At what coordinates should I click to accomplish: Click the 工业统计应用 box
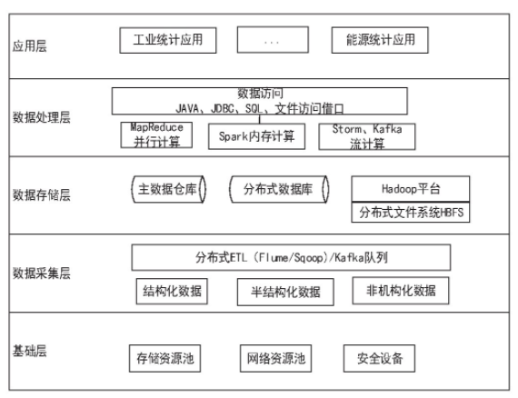coord(168,40)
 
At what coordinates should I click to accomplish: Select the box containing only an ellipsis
coord(273,40)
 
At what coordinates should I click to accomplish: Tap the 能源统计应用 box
coord(380,40)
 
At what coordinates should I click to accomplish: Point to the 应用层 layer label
coord(30,45)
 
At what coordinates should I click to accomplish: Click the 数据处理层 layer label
coord(42,117)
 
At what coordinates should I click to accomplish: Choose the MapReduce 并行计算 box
coord(156,134)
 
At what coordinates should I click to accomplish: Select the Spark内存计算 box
coord(256,136)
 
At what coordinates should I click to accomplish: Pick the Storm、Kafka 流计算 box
coord(367,136)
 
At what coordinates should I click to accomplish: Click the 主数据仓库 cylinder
coord(168,189)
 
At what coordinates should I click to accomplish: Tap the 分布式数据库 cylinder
coord(279,189)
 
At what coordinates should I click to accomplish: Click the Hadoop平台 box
coord(411,189)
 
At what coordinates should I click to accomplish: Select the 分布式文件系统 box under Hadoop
coord(411,212)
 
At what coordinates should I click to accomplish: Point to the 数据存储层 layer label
coord(42,194)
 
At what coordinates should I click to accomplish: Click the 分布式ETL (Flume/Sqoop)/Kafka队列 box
coord(291,258)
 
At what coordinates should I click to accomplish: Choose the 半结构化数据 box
coord(285,292)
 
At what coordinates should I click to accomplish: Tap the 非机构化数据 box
coord(401,291)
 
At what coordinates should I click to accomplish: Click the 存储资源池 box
coord(164,359)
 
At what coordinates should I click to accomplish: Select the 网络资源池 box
coord(276,359)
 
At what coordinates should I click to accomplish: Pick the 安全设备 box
coord(379,359)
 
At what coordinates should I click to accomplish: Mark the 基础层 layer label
coord(30,351)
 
